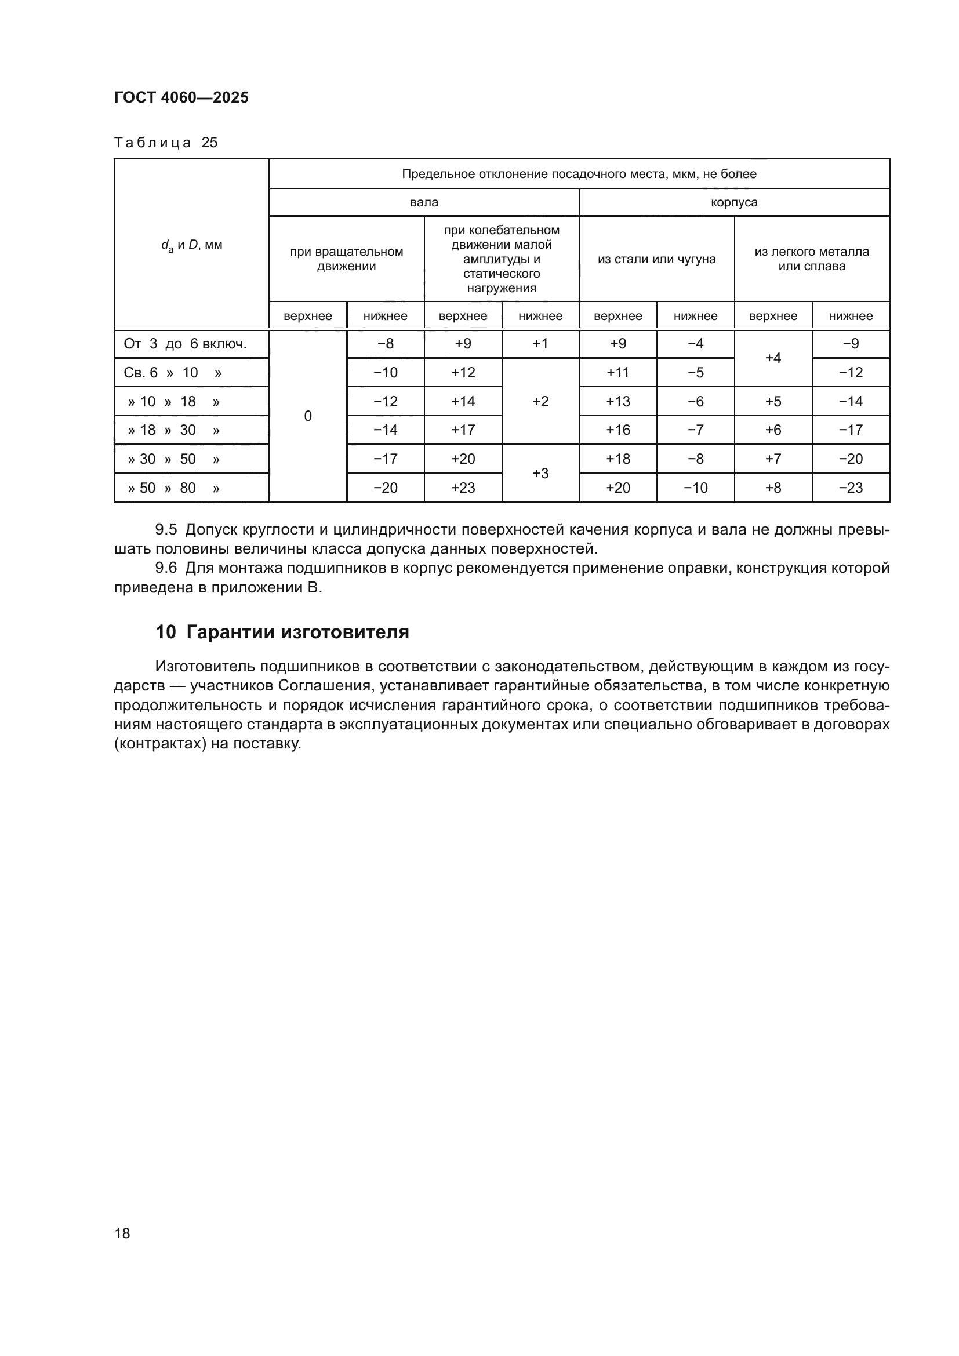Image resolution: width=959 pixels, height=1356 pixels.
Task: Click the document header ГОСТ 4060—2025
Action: click(181, 98)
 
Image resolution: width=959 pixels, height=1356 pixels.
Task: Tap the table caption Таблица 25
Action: click(166, 143)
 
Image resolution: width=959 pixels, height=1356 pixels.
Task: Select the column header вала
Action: click(424, 202)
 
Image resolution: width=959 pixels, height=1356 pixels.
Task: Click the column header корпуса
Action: click(734, 202)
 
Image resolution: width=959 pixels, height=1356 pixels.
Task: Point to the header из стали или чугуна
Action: click(657, 259)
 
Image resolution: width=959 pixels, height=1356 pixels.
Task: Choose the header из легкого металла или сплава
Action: click(811, 259)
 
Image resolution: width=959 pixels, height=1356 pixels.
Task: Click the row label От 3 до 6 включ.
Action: click(185, 344)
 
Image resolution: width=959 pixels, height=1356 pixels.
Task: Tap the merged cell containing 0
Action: click(308, 416)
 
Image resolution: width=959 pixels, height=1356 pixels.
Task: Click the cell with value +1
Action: click(540, 344)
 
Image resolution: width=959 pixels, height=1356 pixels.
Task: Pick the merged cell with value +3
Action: click(540, 474)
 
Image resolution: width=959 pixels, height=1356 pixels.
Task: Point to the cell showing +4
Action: click(773, 358)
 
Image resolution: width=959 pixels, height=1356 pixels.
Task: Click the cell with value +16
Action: click(617, 430)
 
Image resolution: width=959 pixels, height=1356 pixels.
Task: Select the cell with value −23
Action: click(851, 488)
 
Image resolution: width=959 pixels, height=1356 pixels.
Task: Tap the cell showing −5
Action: click(695, 373)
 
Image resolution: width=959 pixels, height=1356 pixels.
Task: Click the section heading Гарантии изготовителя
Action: click(297, 632)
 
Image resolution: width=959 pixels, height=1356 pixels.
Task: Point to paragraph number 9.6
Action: click(166, 568)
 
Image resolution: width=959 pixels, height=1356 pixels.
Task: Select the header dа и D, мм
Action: click(192, 245)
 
